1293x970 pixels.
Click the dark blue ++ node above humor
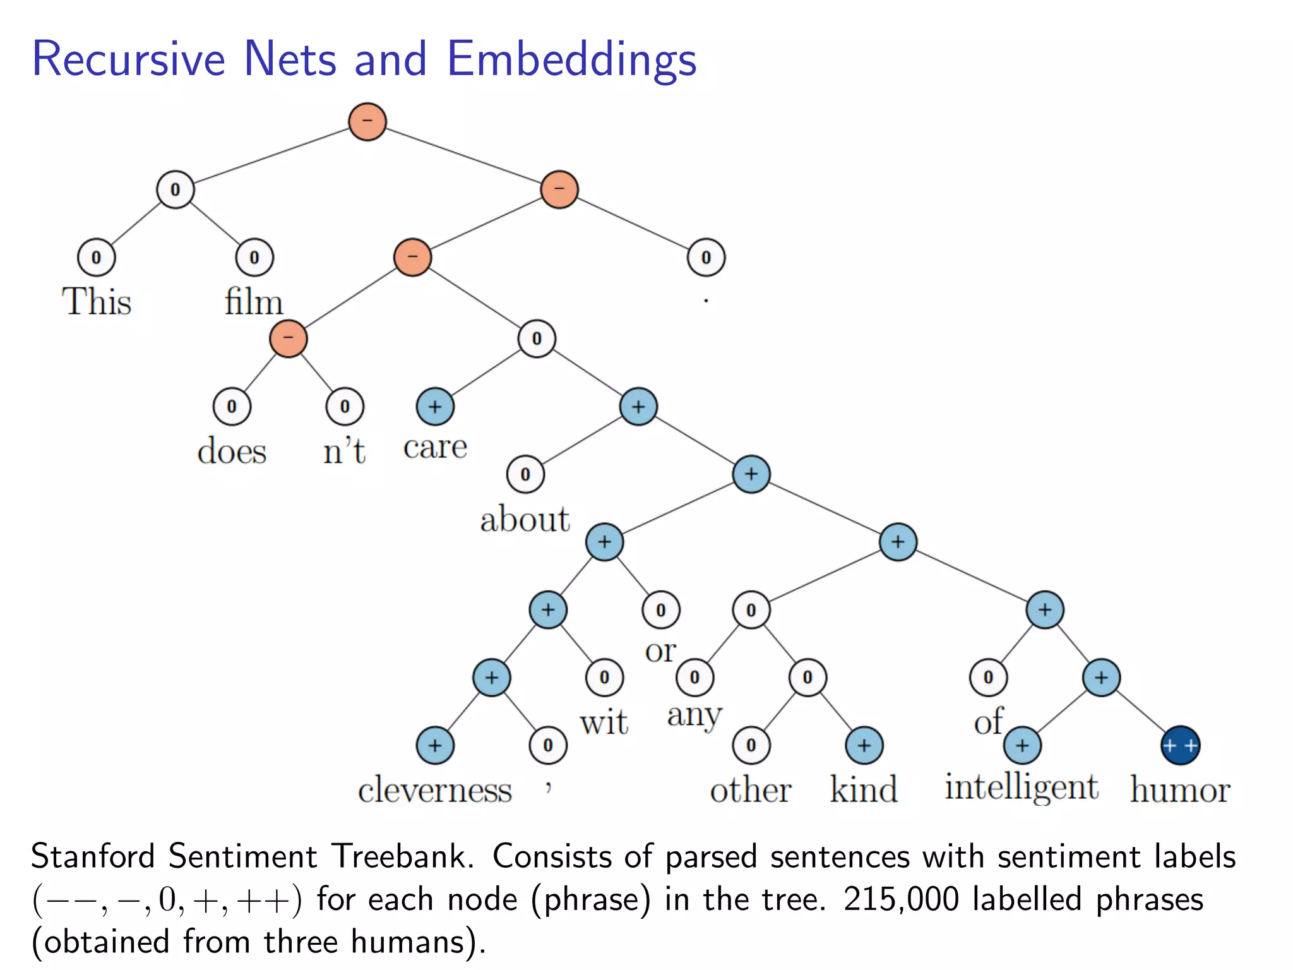(x=1180, y=746)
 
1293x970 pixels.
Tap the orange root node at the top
(x=367, y=121)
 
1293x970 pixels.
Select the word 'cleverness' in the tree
(x=434, y=790)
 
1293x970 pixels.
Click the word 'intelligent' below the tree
(x=1021, y=787)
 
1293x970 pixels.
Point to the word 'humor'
(x=1179, y=790)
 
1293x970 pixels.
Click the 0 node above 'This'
(x=96, y=258)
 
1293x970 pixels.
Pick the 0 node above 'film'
(x=254, y=258)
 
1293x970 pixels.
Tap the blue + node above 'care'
(x=435, y=407)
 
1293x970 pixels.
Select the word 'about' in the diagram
(x=525, y=520)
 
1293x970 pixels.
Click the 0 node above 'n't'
(x=345, y=407)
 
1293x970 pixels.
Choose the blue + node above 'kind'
(x=864, y=746)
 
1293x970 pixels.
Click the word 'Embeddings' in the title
(x=571, y=59)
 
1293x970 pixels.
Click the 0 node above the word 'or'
(x=660, y=610)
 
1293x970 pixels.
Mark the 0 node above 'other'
(x=751, y=746)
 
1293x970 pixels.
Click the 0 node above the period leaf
(x=706, y=258)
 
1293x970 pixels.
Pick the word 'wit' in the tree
(x=604, y=722)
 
